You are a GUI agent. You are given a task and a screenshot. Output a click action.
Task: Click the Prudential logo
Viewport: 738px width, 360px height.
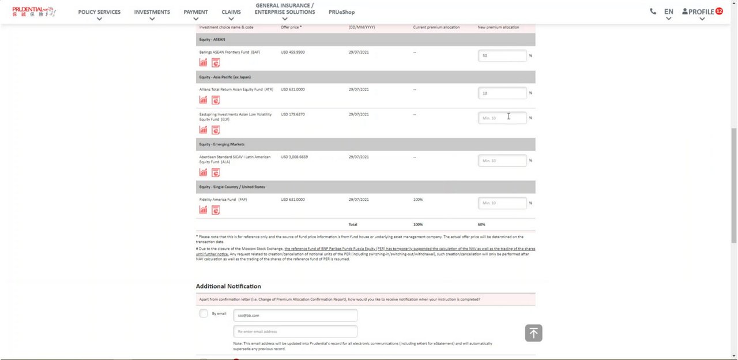pyautogui.click(x=33, y=12)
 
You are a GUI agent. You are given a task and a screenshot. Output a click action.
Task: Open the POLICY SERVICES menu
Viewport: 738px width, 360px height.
pyautogui.click(x=99, y=12)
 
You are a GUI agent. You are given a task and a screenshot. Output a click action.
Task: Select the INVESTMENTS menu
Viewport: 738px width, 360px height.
pyautogui.click(x=152, y=12)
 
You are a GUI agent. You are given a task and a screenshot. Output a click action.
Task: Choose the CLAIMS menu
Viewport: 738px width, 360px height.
pyautogui.click(x=231, y=12)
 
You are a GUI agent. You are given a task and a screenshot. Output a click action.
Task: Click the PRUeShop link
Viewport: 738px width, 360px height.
pyautogui.click(x=341, y=12)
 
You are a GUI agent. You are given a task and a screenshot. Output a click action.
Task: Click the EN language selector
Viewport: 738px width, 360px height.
pyautogui.click(x=668, y=12)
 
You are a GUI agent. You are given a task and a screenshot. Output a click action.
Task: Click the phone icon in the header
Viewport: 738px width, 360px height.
pyautogui.click(x=653, y=12)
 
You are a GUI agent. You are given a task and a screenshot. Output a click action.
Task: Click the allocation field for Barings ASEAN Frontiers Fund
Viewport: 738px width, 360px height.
pyautogui.click(x=502, y=55)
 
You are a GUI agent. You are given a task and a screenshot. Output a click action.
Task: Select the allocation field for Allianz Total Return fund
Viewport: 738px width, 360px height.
pyautogui.click(x=502, y=93)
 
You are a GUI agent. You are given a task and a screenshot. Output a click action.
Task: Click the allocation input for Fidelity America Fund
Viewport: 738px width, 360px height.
pyautogui.click(x=502, y=203)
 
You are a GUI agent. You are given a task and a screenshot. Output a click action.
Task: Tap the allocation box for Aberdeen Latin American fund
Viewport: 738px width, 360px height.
pyautogui.click(x=502, y=160)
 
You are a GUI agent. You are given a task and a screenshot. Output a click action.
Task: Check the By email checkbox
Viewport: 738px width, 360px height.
pyautogui.click(x=204, y=313)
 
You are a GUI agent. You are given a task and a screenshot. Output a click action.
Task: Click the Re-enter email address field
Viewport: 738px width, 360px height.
pyautogui.click(x=295, y=331)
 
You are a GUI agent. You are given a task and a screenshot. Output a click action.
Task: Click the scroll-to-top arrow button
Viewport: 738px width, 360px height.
pyautogui.click(x=533, y=333)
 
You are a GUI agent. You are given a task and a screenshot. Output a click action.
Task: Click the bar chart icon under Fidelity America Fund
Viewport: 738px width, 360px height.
pyautogui.click(x=203, y=210)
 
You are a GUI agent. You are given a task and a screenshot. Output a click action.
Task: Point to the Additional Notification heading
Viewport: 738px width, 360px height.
pyautogui.click(x=228, y=286)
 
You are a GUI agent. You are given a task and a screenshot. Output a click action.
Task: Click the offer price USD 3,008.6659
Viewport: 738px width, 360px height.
pyautogui.click(x=294, y=157)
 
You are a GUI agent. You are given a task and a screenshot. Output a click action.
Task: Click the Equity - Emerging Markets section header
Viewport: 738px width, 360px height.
pyautogui.click(x=222, y=144)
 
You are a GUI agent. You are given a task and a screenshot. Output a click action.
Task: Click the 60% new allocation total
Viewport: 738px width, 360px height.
pyautogui.click(x=481, y=224)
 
